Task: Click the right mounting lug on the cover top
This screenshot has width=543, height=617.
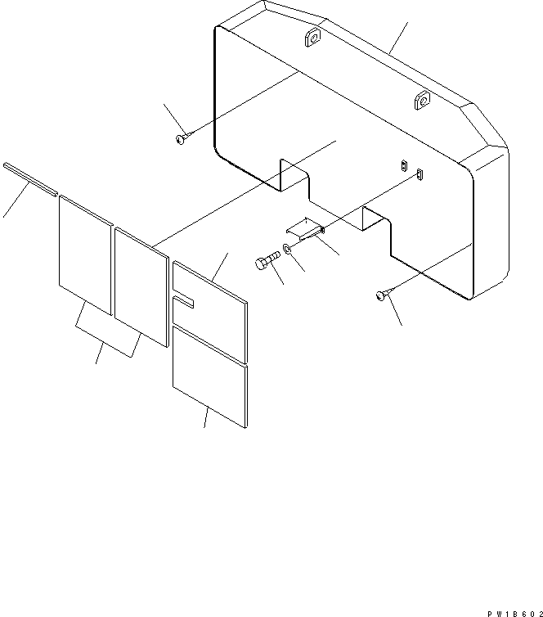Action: [x=422, y=101]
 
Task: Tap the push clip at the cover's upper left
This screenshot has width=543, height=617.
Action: [x=181, y=140]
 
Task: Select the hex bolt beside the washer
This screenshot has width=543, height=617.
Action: [x=266, y=262]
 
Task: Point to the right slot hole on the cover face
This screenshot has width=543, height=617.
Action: [x=420, y=173]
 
